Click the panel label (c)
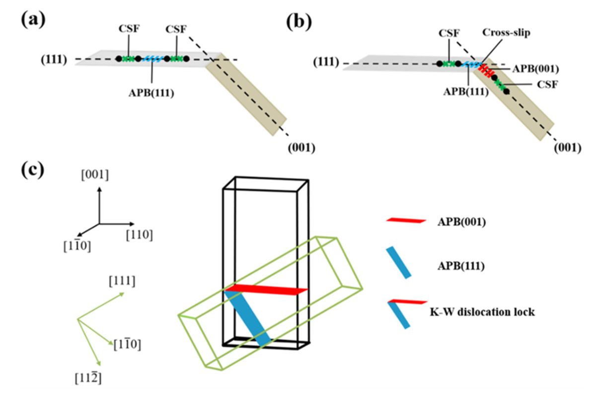click(32, 170)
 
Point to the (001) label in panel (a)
click(300, 148)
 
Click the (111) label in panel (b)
click(325, 63)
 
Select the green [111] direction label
click(123, 282)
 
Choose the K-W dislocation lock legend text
click(481, 313)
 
